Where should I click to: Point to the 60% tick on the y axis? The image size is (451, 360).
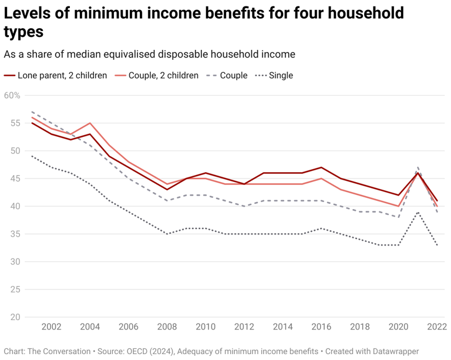12,96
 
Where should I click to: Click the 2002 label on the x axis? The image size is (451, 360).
51,327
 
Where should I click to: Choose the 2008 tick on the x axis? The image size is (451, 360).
167,327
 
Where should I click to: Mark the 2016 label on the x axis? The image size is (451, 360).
321,327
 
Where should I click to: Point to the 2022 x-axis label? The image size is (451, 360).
436,327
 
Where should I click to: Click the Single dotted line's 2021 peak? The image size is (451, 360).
418,212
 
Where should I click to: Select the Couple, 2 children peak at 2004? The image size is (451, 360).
89,123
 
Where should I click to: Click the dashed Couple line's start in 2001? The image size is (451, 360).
32,112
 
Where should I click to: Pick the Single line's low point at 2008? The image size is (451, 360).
167,234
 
